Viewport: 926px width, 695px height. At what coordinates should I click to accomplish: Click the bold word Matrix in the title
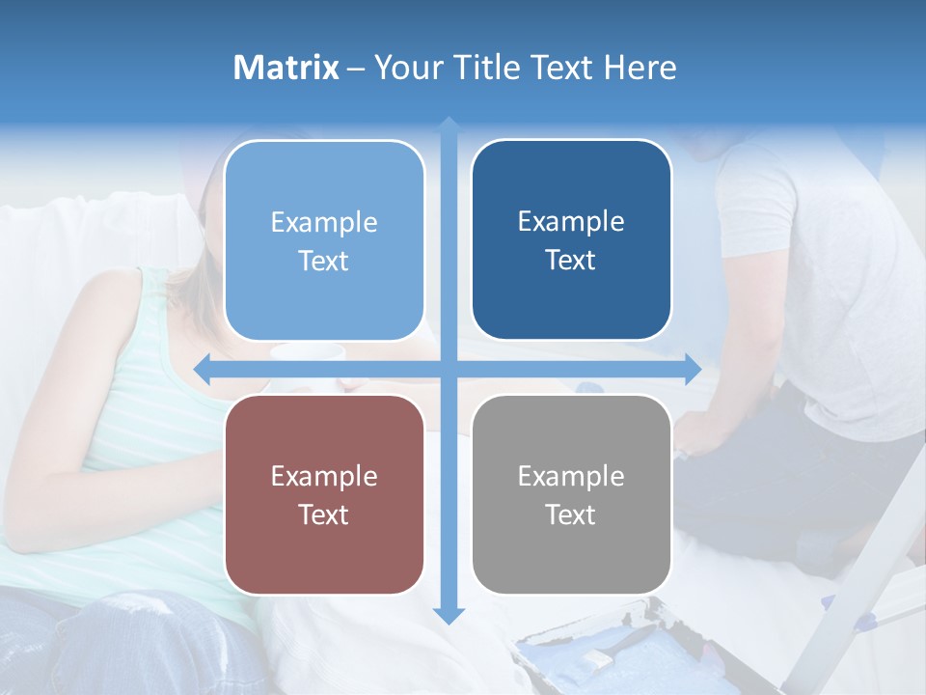[x=286, y=68]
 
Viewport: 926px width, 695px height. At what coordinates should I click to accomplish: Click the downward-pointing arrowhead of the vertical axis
[x=449, y=615]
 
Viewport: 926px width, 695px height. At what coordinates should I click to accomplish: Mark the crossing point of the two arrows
[x=449, y=369]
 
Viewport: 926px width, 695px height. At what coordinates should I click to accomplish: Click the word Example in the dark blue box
[x=571, y=221]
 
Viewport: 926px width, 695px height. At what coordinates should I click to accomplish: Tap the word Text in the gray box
[x=571, y=514]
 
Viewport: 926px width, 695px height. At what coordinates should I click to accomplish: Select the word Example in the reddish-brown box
[x=324, y=476]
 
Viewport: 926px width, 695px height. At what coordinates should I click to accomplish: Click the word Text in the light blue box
[x=324, y=261]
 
